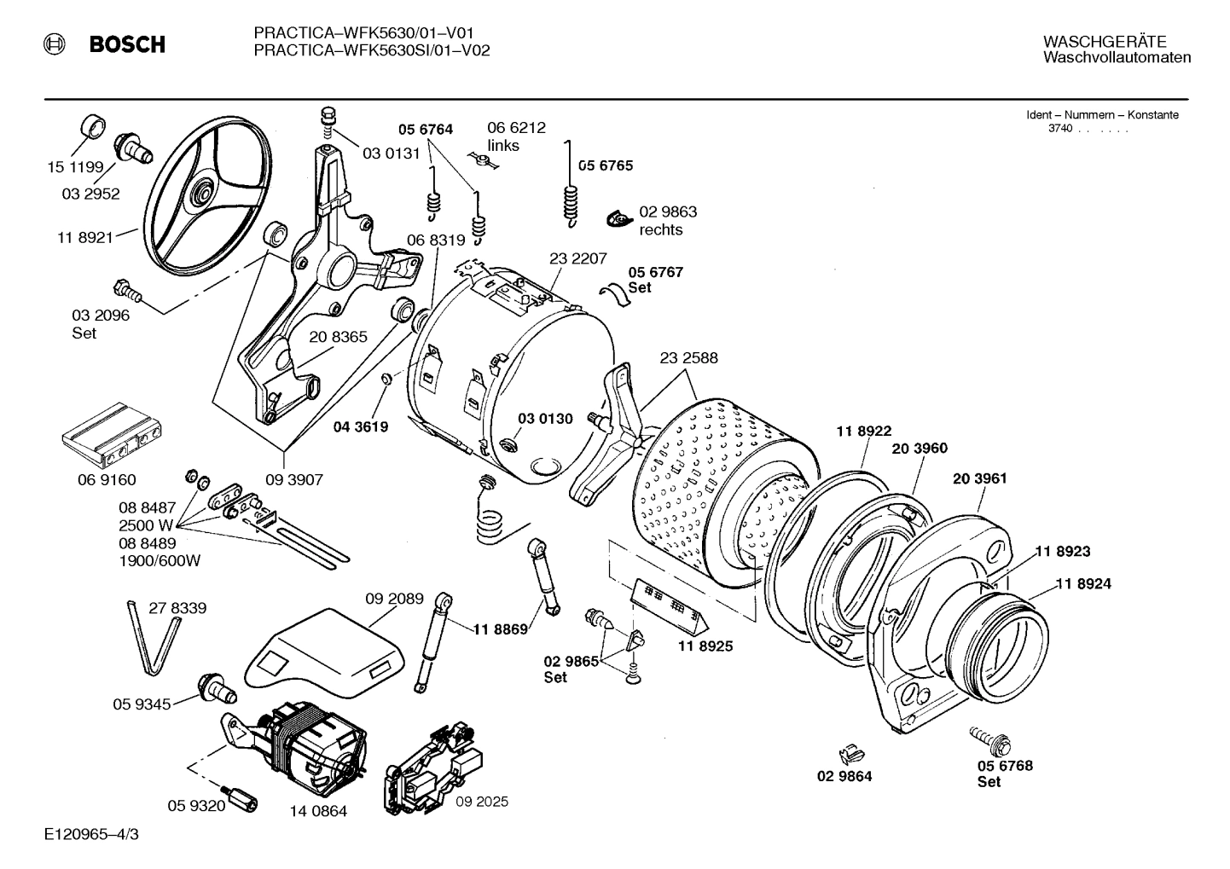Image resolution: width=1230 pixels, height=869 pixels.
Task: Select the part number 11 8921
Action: coord(85,238)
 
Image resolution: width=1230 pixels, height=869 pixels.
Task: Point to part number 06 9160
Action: coord(107,480)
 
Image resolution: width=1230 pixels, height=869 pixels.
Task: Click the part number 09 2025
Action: coord(481,802)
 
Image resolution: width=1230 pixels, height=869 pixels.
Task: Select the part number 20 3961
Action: coord(979,478)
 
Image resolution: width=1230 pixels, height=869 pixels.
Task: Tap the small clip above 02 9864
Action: coord(849,753)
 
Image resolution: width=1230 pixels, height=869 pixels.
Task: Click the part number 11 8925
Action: coord(705,646)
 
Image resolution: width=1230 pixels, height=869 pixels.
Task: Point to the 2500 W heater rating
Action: coord(146,525)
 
